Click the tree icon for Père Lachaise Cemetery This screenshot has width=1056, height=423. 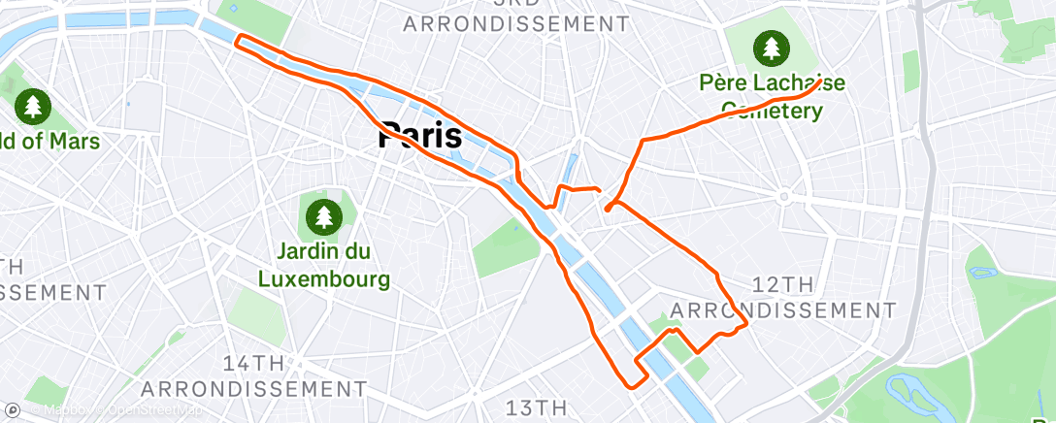coord(772,47)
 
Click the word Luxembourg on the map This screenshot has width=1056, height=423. coord(324,279)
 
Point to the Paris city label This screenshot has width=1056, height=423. coord(419,136)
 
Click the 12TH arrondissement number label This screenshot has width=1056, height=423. coord(783,284)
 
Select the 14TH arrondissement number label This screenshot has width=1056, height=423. coord(253,364)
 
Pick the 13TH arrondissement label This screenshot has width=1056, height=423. coord(535,407)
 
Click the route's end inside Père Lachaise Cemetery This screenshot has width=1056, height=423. coord(821,81)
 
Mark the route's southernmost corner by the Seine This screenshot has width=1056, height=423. coord(636,384)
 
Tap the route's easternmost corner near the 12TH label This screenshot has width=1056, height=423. coord(745,324)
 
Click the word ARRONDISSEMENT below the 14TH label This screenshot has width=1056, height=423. coord(253,389)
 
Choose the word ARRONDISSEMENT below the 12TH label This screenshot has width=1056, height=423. coord(783,310)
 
